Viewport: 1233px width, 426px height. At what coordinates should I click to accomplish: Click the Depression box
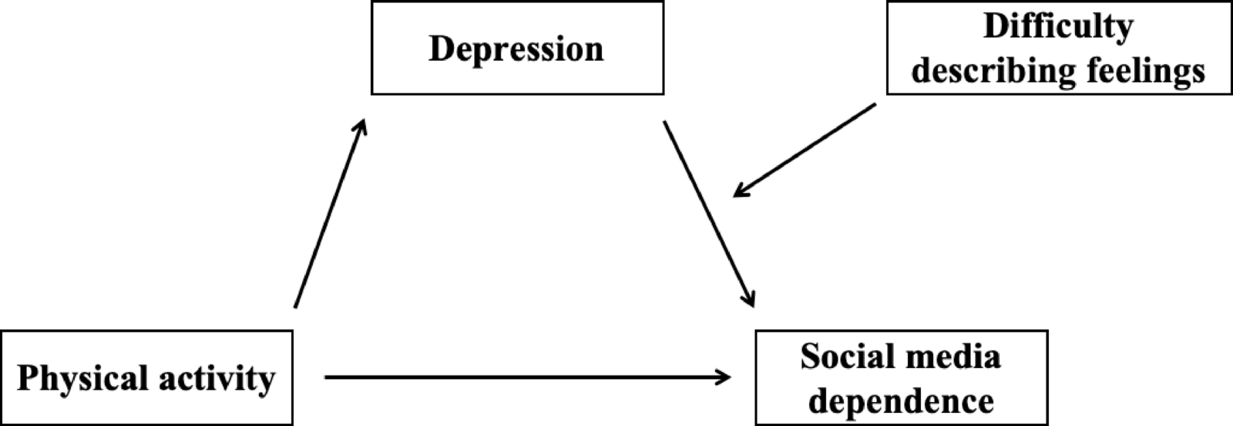coord(517,48)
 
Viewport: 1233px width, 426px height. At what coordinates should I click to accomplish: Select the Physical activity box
coord(146,377)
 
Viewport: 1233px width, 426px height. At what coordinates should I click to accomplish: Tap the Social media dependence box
coord(901,377)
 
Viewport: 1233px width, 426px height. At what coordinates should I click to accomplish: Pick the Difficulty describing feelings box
coord(1059,48)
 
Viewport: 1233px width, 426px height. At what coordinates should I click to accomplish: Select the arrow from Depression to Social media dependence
coord(707,211)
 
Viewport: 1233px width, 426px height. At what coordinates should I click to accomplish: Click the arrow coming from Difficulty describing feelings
coord(805,150)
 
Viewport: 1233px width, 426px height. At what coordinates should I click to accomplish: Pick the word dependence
coord(902,401)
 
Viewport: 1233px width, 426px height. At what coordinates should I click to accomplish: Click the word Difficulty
coord(1059,27)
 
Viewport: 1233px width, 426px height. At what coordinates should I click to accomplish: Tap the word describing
coord(993,71)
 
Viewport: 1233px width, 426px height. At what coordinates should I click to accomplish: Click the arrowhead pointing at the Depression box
coord(360,128)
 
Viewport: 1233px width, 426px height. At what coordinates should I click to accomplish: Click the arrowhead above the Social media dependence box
coord(748,299)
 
